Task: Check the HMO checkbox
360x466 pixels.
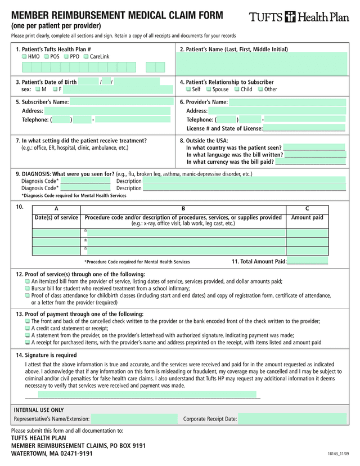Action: [24, 57]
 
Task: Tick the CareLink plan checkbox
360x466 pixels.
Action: [85, 57]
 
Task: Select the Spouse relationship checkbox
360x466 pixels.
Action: [209, 89]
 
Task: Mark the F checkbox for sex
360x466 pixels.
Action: [55, 89]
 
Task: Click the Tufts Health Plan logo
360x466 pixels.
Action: [299, 17]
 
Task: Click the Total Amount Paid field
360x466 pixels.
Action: [308, 261]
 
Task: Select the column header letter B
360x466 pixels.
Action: [183, 209]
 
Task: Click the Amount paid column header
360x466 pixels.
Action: [307, 217]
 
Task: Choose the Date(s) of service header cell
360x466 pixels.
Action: [56, 217]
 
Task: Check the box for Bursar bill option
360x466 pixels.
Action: [27, 288]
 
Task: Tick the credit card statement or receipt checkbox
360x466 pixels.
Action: [27, 328]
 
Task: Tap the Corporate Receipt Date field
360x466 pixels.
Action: [292, 419]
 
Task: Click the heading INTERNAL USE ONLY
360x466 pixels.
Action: [39, 410]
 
